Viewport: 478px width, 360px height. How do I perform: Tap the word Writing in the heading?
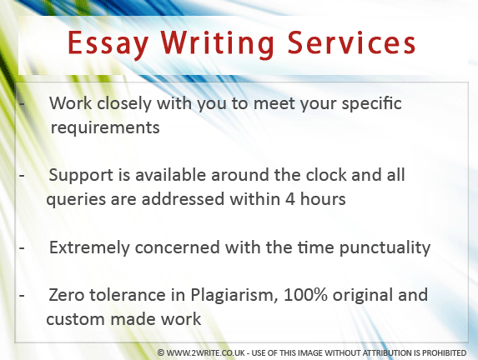point(218,44)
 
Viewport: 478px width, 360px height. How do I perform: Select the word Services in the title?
point(351,42)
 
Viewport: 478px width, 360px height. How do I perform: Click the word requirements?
point(105,127)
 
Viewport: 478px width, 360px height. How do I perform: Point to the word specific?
point(371,104)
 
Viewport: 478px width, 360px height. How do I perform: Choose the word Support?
point(81,176)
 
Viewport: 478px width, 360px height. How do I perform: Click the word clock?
point(326,175)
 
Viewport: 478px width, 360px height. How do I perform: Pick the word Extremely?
point(89,247)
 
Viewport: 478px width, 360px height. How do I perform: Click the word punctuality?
point(385,247)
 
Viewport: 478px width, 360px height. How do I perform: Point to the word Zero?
point(66,295)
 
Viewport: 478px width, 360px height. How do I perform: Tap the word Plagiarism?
point(234,296)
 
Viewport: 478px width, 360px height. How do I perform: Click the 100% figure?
point(305,295)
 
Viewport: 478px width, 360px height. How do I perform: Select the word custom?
point(76,319)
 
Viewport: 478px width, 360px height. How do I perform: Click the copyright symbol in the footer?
point(161,353)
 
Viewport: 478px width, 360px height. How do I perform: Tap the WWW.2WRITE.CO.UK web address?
point(206,353)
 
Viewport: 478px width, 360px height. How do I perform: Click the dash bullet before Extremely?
point(22,248)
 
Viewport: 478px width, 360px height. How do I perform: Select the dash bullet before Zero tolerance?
point(22,296)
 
